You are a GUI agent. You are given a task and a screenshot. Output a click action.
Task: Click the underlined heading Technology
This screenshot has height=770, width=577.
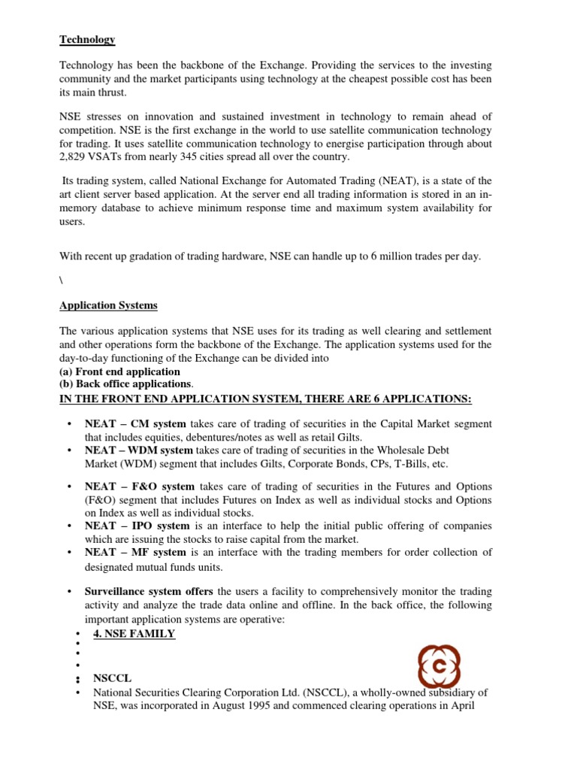click(87, 40)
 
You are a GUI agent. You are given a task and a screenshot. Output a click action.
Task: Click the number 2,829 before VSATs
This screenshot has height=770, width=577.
click(74, 158)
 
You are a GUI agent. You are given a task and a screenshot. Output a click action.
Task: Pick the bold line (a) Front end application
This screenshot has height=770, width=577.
click(119, 371)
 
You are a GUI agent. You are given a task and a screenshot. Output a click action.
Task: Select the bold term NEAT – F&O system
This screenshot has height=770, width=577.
click(140, 487)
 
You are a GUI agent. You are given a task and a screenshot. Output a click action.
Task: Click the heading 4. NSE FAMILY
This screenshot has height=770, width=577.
click(134, 634)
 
